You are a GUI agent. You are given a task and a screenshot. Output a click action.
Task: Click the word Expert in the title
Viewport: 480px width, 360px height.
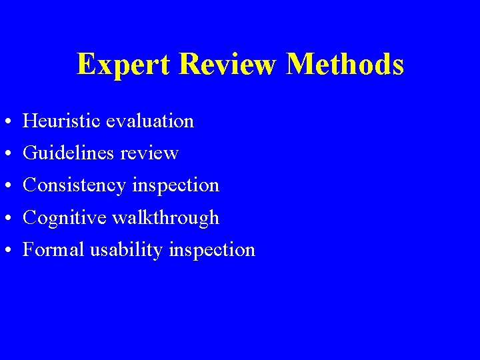[x=124, y=65]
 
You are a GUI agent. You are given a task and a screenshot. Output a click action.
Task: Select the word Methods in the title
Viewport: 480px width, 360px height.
[x=345, y=65]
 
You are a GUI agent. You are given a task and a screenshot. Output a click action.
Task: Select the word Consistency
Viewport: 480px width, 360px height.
[x=73, y=185]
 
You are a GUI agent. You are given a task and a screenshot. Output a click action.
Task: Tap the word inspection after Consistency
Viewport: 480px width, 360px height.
[x=175, y=185]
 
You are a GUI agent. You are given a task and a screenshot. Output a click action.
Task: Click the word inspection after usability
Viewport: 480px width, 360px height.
[x=211, y=250]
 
